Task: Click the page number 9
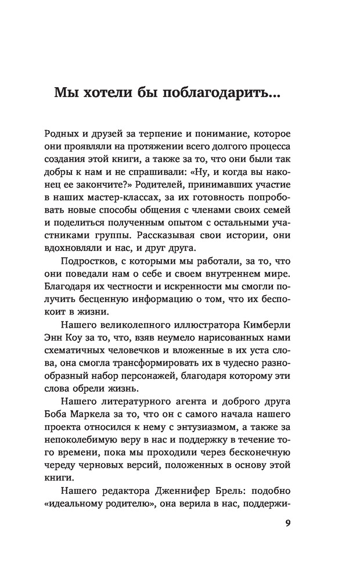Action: [288, 522]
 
